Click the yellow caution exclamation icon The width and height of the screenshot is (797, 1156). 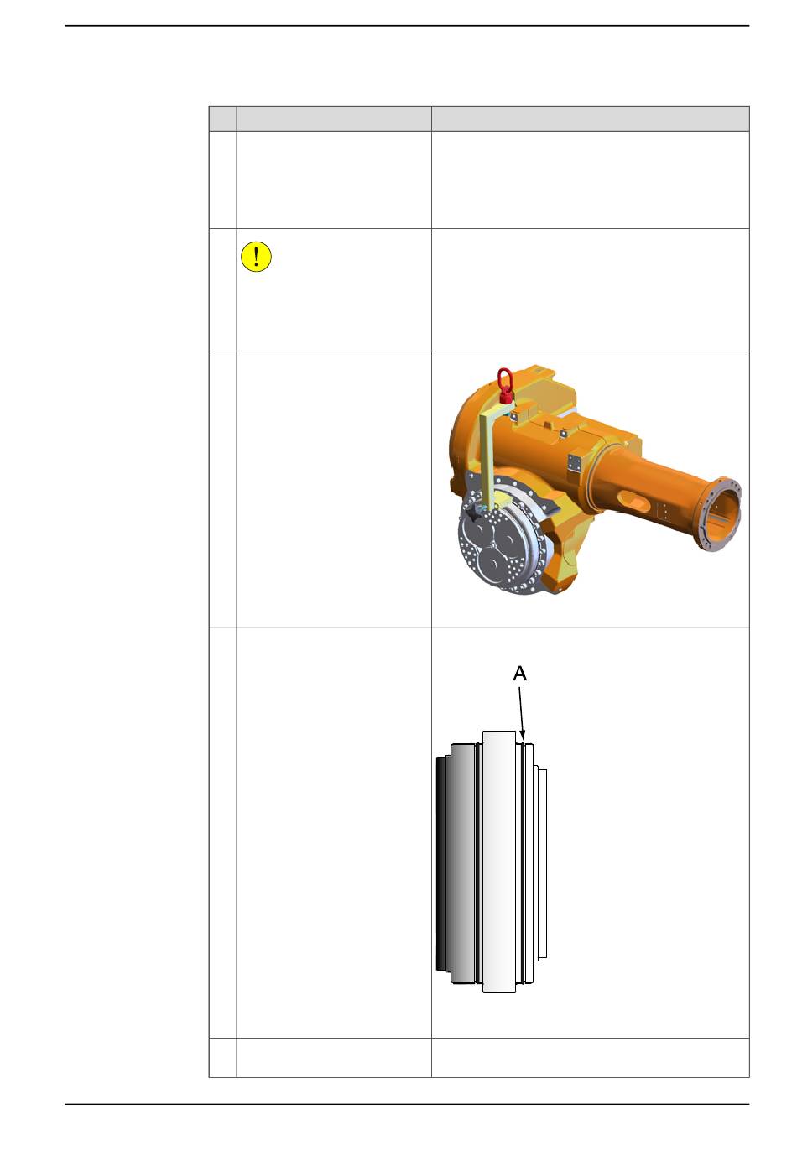[256, 257]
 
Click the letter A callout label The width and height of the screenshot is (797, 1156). [519, 674]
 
